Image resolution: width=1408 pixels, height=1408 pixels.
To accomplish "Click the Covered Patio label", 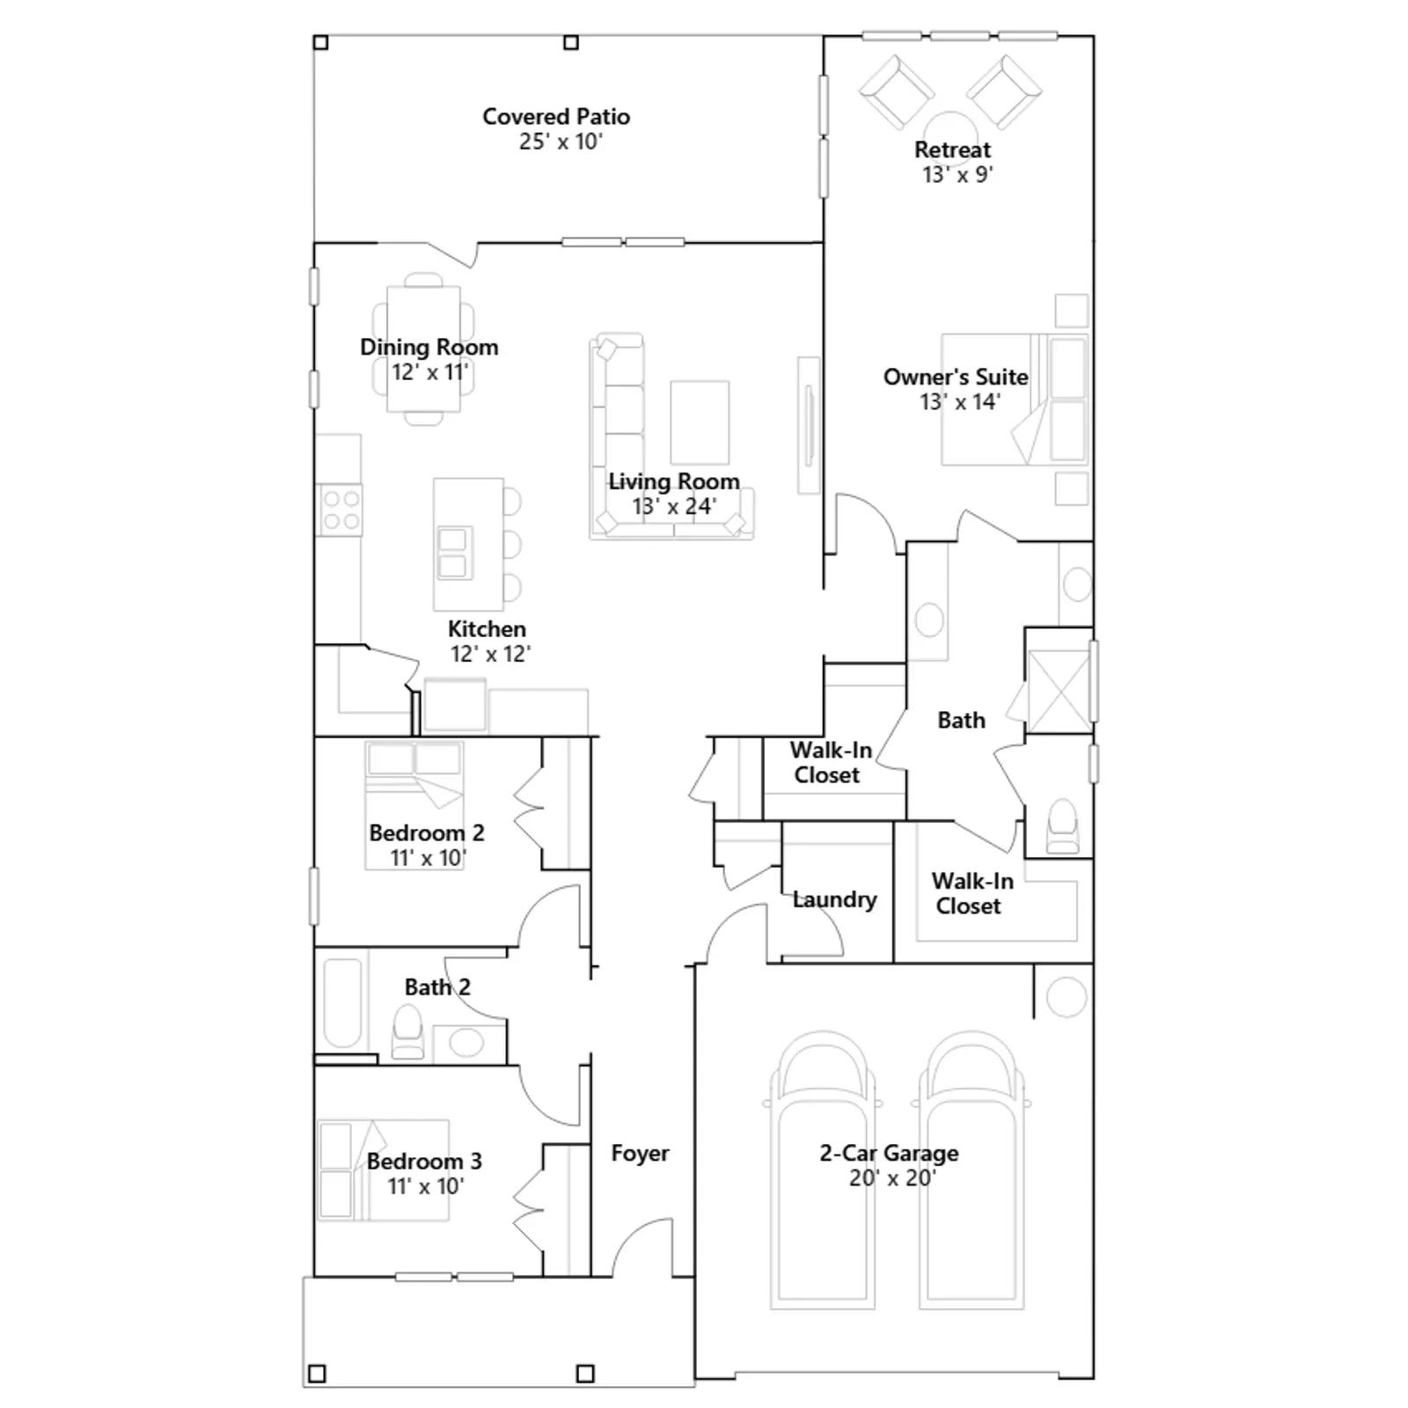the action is pyautogui.click(x=556, y=116).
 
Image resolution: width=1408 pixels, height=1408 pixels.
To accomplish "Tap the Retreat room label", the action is pyautogui.click(x=952, y=150).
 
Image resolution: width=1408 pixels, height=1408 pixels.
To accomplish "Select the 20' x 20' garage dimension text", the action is pyautogui.click(x=892, y=1177).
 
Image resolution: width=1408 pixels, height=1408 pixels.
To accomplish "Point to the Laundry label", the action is pyautogui.click(x=834, y=899).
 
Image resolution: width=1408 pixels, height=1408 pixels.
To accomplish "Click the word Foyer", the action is pyautogui.click(x=640, y=1153).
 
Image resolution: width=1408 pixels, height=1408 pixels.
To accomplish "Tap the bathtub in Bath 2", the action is pyautogui.click(x=343, y=1003).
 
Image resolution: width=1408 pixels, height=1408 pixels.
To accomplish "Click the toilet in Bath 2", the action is pyautogui.click(x=407, y=1032).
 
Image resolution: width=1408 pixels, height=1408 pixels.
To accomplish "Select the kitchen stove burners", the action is pyautogui.click(x=341, y=510).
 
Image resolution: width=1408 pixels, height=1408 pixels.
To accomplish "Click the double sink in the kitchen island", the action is pyautogui.click(x=453, y=553).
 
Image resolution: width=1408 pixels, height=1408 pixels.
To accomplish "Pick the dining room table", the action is pyautogui.click(x=423, y=348).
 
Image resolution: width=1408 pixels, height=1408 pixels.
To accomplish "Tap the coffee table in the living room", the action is pyautogui.click(x=700, y=422).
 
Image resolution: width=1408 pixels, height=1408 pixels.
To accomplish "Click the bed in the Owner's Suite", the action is pyautogui.click(x=1015, y=399).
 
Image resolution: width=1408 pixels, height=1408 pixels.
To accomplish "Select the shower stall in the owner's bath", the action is pyautogui.click(x=1059, y=691).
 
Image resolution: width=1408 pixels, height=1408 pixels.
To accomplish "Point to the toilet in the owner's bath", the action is pyautogui.click(x=1062, y=826).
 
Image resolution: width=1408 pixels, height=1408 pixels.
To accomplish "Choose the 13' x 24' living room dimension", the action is pyautogui.click(x=674, y=506).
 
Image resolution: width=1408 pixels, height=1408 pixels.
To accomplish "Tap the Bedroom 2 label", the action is pyautogui.click(x=426, y=832).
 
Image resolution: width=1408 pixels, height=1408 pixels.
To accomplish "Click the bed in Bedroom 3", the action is pyautogui.click(x=383, y=1170).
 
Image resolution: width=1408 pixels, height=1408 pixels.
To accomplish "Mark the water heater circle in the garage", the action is pyautogui.click(x=1066, y=996).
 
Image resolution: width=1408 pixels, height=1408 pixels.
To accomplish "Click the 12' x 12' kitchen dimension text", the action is pyautogui.click(x=490, y=654).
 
